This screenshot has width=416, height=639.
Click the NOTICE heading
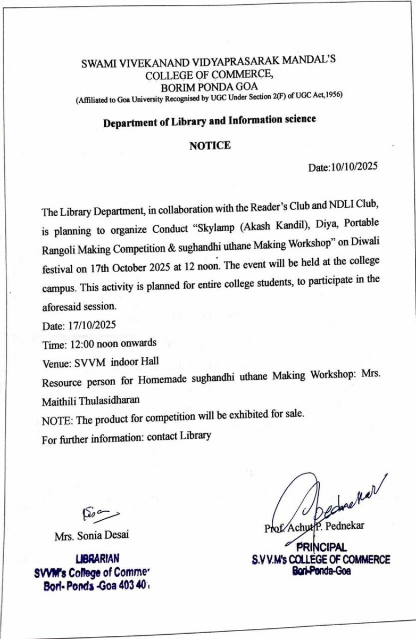pyautogui.click(x=210, y=145)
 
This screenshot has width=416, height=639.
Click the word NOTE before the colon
pyautogui.click(x=55, y=421)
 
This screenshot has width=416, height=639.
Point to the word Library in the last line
pyautogui.click(x=195, y=436)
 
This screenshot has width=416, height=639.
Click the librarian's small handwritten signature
pyautogui.click(x=99, y=514)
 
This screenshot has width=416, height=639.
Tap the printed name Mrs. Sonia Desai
pyautogui.click(x=91, y=536)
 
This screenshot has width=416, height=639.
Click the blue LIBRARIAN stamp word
pyautogui.click(x=97, y=559)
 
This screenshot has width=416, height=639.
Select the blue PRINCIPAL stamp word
pyautogui.click(x=321, y=547)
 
